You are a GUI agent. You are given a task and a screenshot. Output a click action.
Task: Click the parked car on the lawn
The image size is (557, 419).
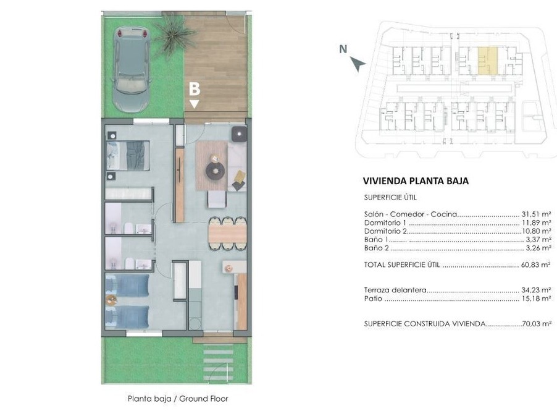[131, 70]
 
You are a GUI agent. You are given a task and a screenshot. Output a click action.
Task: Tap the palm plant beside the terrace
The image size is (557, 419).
[174, 34]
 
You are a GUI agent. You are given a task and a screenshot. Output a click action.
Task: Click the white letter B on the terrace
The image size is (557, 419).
[195, 89]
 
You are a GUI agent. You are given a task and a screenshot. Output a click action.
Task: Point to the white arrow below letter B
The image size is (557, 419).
[194, 104]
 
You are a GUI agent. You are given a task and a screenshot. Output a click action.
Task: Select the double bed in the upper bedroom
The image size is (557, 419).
[128, 156]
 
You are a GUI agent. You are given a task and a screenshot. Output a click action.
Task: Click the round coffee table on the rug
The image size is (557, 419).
[216, 171]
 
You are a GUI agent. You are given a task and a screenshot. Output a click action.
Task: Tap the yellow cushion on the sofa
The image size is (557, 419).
[240, 176]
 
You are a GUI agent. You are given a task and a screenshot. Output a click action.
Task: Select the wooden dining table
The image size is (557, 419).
[227, 234]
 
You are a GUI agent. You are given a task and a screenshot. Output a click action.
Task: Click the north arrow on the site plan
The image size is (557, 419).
[358, 64]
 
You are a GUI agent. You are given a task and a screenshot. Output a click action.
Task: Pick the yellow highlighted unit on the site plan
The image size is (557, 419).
[487, 61]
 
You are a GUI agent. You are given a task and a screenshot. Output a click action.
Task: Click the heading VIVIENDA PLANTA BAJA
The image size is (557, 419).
[416, 181]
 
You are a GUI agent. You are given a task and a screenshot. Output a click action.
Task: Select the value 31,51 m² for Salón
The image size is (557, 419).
[536, 214]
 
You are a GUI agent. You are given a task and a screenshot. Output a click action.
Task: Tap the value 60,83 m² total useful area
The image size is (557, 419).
[536, 265]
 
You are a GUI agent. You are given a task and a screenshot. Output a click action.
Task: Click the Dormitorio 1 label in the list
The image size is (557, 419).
[385, 223]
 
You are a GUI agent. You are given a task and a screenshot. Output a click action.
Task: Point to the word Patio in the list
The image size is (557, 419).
[373, 298]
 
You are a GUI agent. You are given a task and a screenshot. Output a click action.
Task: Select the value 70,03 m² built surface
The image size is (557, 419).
[537, 324]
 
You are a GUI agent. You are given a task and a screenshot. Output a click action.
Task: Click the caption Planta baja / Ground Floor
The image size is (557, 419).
[178, 399]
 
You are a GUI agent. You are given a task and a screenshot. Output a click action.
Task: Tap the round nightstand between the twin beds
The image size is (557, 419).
[111, 300]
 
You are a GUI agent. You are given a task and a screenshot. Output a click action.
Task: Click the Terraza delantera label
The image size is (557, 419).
[395, 290]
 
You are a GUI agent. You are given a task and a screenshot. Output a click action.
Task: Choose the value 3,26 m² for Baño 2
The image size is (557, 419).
[538, 248]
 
